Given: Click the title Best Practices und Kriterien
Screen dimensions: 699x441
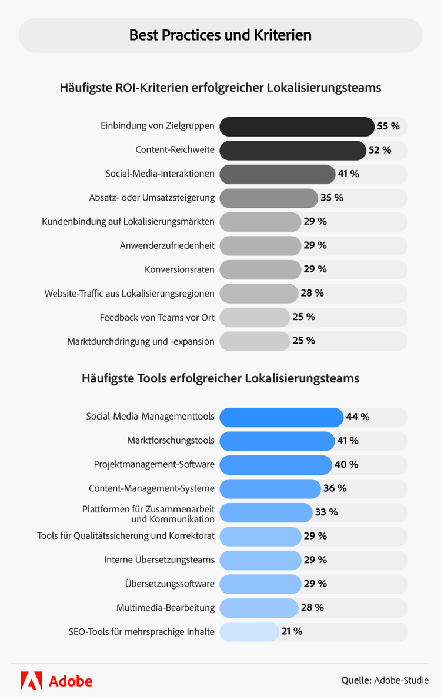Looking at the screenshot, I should pyautogui.click(x=220, y=35).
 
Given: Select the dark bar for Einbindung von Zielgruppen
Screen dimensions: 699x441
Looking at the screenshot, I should pyautogui.click(x=296, y=126).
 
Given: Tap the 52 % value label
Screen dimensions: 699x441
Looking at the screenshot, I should pyautogui.click(x=379, y=150).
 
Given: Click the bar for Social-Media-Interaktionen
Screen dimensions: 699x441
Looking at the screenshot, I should pyautogui.click(x=277, y=174).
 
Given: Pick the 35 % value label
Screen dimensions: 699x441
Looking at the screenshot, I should pyautogui.click(x=332, y=198).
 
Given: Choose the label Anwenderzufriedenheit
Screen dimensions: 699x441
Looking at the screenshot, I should pyautogui.click(x=167, y=245).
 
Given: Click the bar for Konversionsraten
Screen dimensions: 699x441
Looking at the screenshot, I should pyautogui.click(x=260, y=269).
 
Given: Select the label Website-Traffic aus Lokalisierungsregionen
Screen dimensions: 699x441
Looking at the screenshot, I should pyautogui.click(x=129, y=293).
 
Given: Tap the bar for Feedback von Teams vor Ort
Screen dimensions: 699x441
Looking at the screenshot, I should pyautogui.click(x=255, y=317).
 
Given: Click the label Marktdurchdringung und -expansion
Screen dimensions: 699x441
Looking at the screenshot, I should pyautogui.click(x=141, y=341).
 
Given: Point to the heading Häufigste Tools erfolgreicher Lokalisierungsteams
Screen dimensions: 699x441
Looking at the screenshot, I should pyautogui.click(x=220, y=378).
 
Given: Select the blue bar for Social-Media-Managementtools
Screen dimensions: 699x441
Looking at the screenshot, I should pyautogui.click(x=281, y=417).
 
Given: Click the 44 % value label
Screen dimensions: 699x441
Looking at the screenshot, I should pyautogui.click(x=358, y=417).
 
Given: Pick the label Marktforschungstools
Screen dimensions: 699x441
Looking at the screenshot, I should pyautogui.click(x=171, y=441).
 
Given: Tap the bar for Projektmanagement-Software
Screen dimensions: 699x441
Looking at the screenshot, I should pyautogui.click(x=275, y=465).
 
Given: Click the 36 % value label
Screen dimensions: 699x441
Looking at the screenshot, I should pyautogui.click(x=335, y=488).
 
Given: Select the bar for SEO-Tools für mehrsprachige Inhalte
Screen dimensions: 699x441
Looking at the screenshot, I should pyautogui.click(x=249, y=632).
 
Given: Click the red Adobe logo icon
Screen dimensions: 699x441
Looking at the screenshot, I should pyautogui.click(x=31, y=681).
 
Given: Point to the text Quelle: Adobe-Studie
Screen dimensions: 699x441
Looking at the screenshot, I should pyautogui.click(x=385, y=681).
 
